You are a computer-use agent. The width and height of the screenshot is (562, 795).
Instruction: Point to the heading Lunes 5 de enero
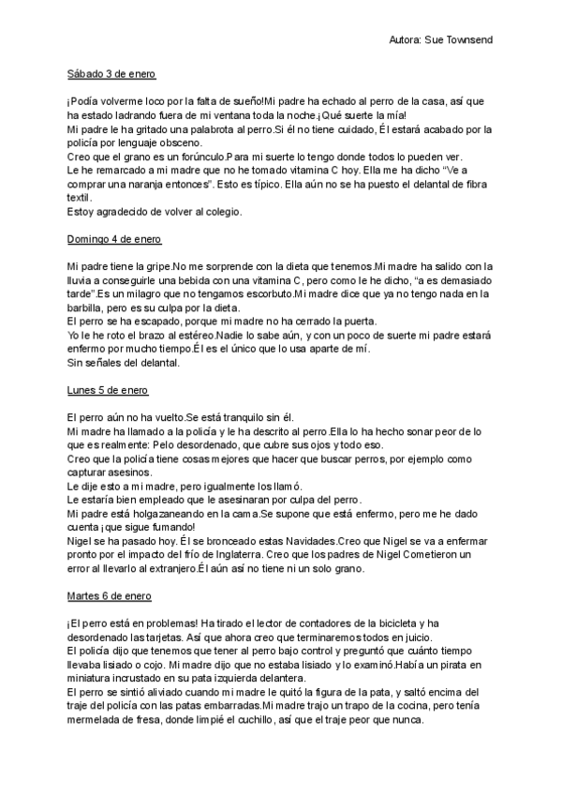coord(108,389)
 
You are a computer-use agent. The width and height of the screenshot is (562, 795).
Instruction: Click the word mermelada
coord(97,721)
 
